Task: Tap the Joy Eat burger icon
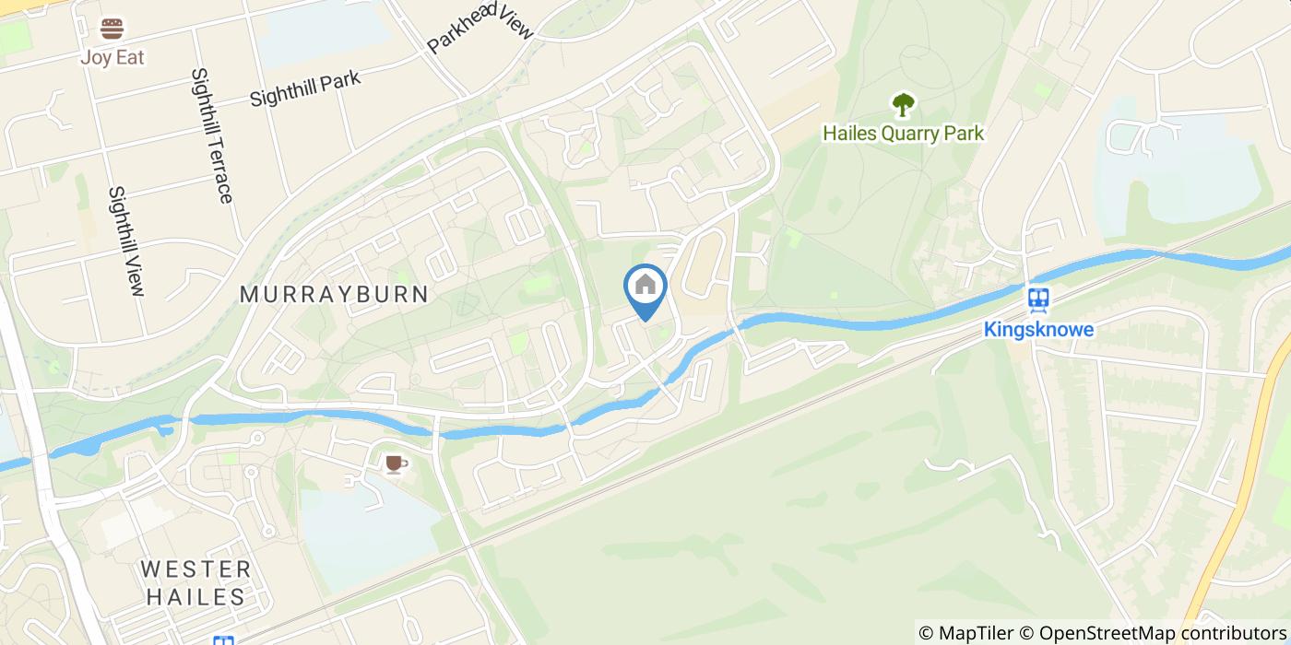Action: click(x=113, y=29)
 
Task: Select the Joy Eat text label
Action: click(x=113, y=57)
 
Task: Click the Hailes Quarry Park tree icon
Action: click(x=903, y=104)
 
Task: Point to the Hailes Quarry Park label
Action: click(x=903, y=134)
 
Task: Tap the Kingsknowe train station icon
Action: click(x=1039, y=299)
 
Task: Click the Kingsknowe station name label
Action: click(x=1039, y=329)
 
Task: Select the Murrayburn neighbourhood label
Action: click(x=334, y=295)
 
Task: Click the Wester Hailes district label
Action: click(x=196, y=582)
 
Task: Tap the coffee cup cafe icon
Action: click(x=395, y=463)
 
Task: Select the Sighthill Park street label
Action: click(x=304, y=89)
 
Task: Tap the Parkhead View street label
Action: click(x=480, y=28)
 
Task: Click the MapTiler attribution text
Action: click(x=965, y=633)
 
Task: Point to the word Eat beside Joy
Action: click(x=129, y=57)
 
